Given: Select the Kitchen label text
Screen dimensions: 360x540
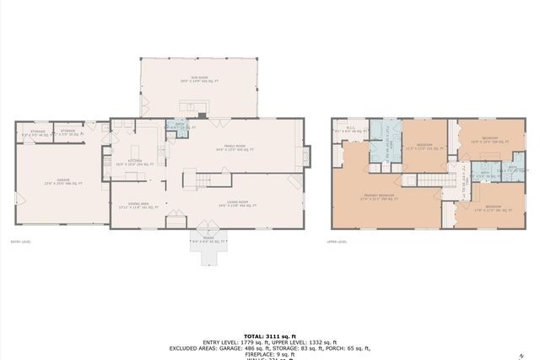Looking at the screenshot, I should click(134, 161).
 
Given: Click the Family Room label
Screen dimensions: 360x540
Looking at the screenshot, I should click(234, 148).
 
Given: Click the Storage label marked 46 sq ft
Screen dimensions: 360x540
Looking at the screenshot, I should click(38, 133).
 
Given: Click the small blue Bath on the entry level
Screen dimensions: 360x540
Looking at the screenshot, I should click(179, 127).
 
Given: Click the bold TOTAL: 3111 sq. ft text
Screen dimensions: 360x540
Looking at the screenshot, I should click(269, 335).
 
